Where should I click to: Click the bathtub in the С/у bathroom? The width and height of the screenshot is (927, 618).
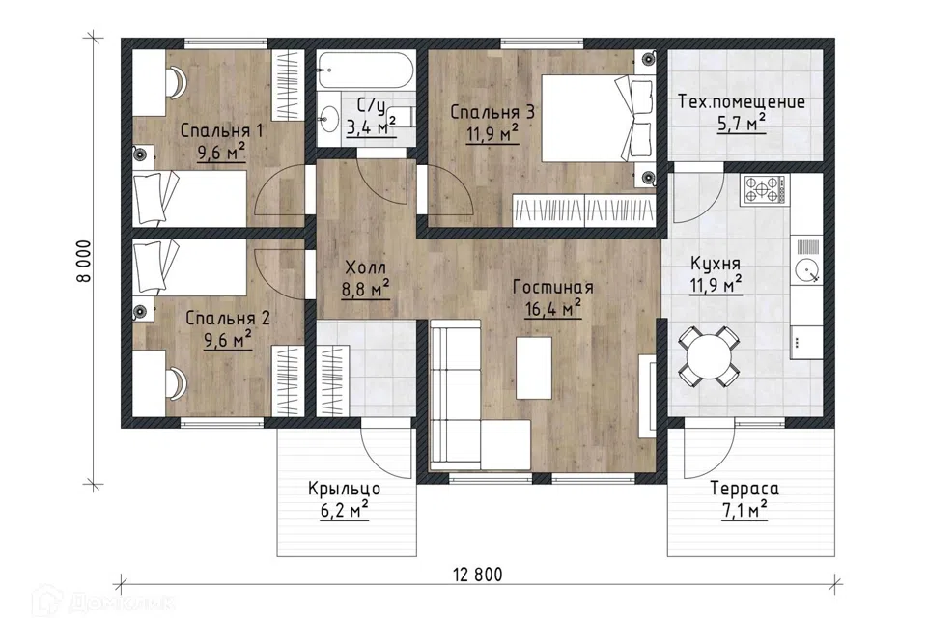(366, 70)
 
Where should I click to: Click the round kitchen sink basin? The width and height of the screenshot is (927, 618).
(806, 271)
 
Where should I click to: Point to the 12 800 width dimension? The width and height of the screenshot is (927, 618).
(478, 575)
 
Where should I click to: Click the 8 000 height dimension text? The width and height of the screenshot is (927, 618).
(85, 261)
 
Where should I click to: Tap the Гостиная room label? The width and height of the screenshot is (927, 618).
(552, 288)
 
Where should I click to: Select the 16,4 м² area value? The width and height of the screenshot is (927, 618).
(552, 308)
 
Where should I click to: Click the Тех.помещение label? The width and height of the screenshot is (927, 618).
(742, 102)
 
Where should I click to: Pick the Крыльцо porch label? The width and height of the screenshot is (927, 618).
(344, 489)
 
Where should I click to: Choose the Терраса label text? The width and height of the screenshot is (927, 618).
(744, 489)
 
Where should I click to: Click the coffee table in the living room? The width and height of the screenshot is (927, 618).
(534, 367)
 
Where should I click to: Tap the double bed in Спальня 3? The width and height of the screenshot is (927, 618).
(597, 117)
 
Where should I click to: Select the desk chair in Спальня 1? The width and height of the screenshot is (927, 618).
(178, 82)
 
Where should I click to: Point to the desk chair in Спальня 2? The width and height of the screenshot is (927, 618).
(178, 382)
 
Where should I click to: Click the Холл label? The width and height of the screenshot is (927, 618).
(365, 267)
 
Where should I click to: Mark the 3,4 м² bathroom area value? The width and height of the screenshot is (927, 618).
(371, 126)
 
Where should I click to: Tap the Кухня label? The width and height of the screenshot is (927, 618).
(715, 264)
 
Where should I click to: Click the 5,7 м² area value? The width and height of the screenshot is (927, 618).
(742, 124)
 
